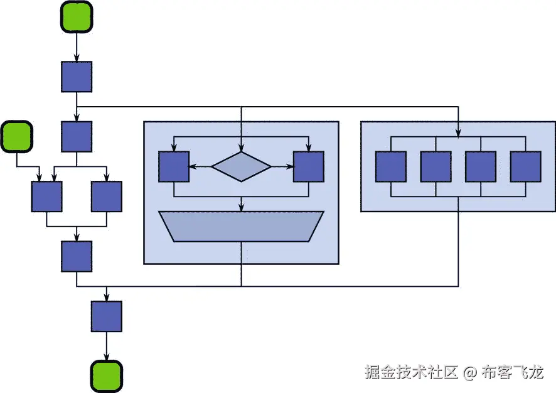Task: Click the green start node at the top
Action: coord(77,17)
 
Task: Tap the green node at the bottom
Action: coord(106,376)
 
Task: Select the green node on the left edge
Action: coord(17,137)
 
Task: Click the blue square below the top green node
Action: coord(77,77)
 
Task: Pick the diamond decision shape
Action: coord(242,167)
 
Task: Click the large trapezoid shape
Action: coord(242,226)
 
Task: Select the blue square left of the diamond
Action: coord(174,166)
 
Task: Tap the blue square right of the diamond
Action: coord(309,166)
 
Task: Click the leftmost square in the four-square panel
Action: coord(391,166)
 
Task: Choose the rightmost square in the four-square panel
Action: coord(526,166)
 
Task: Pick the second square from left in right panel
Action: coord(436,166)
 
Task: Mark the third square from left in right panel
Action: coord(481,166)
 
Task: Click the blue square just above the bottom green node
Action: coord(107,316)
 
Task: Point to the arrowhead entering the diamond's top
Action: coord(242,148)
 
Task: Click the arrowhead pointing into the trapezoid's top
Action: coord(242,208)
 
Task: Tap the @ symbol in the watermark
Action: coord(471,372)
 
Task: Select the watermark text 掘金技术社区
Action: coord(412,372)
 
